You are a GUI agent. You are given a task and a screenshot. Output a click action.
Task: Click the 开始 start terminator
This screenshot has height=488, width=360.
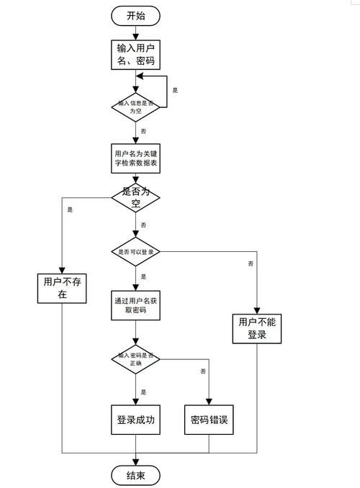(x=135, y=14)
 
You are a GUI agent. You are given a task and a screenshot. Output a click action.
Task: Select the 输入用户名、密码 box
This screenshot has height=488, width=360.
(x=135, y=55)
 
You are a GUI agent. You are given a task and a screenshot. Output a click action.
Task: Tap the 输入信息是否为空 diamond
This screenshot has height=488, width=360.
(x=135, y=106)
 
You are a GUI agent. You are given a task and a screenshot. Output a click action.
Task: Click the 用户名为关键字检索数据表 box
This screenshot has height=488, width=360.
(x=135, y=159)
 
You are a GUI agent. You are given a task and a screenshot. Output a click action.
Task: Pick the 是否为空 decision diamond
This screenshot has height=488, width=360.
(x=135, y=197)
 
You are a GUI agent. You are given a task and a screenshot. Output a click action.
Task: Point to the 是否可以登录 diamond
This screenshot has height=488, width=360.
(x=135, y=251)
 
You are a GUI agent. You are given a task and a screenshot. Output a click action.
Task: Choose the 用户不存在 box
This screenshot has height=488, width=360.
(x=62, y=287)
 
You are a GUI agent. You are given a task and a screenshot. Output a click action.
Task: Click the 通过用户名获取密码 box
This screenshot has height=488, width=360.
(x=135, y=305)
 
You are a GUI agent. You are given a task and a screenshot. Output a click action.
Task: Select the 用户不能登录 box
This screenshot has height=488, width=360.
(x=257, y=328)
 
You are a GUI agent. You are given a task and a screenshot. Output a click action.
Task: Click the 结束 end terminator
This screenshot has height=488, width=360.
(x=135, y=475)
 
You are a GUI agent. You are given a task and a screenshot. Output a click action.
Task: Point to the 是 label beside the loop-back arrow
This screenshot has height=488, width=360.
(x=175, y=90)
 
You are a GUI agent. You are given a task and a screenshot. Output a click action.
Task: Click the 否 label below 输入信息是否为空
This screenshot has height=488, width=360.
(x=144, y=131)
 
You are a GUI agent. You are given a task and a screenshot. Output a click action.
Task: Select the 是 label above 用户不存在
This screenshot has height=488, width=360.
(x=70, y=210)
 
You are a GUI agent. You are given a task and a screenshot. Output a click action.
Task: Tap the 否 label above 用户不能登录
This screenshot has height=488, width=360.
(x=250, y=264)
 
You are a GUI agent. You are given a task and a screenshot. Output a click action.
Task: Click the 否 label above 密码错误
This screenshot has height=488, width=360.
(x=203, y=371)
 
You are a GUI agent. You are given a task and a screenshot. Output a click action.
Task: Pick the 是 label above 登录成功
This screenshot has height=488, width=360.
(x=144, y=392)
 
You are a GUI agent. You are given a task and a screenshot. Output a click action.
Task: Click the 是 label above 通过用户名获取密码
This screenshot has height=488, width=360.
(x=144, y=276)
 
